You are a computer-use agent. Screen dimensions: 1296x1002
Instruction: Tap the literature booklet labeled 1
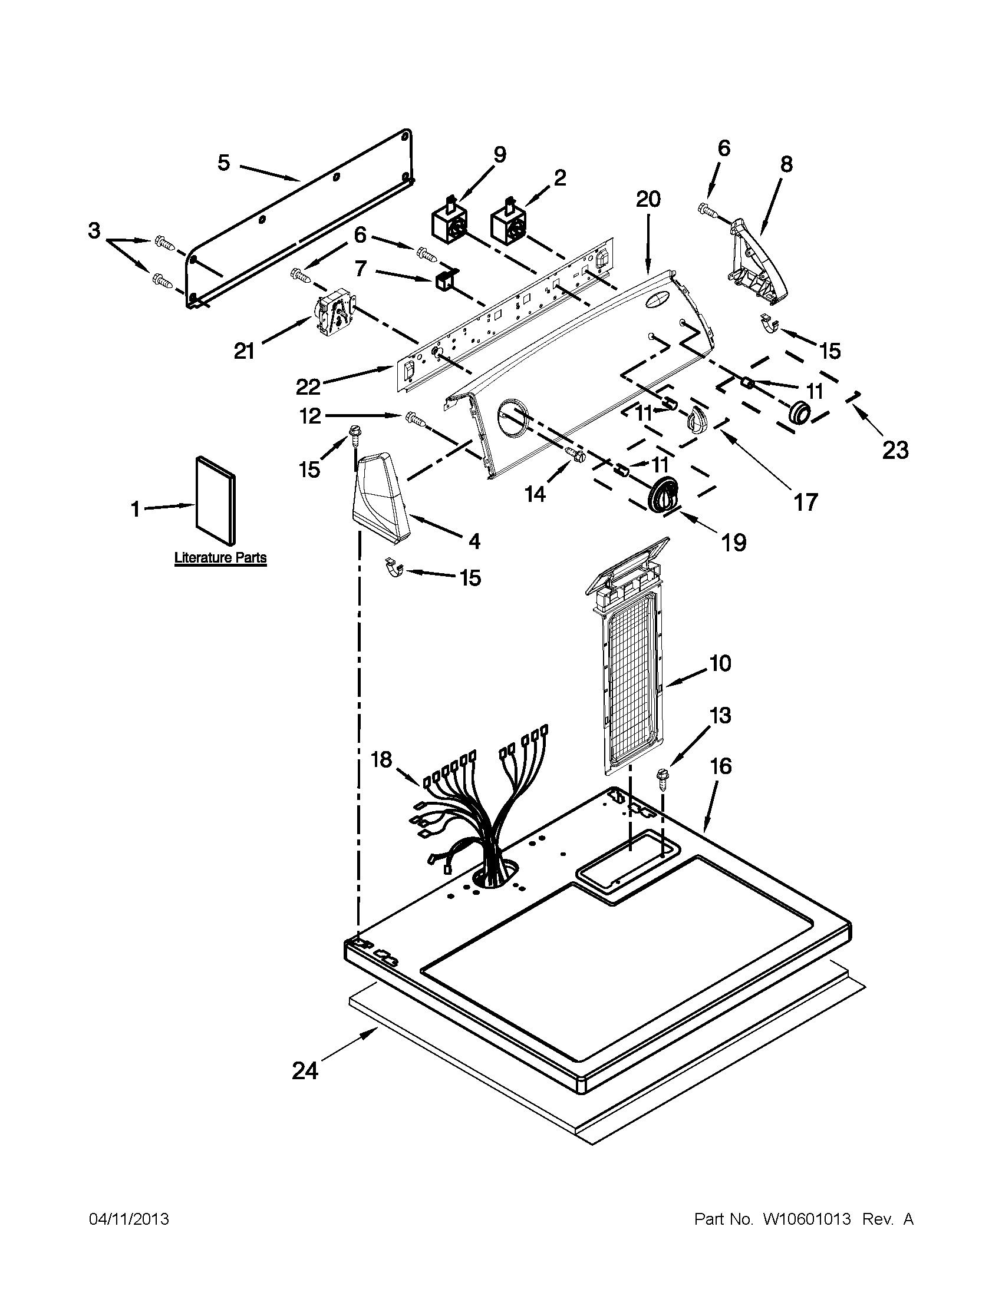pos(216,500)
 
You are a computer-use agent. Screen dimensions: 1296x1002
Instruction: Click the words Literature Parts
pos(220,558)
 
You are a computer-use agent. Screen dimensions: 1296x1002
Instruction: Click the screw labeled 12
pos(414,419)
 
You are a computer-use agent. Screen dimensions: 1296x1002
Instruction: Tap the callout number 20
pos(648,199)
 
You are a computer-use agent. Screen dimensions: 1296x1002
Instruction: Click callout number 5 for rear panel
pos(223,162)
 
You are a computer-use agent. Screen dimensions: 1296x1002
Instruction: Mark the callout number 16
pos(720,766)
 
